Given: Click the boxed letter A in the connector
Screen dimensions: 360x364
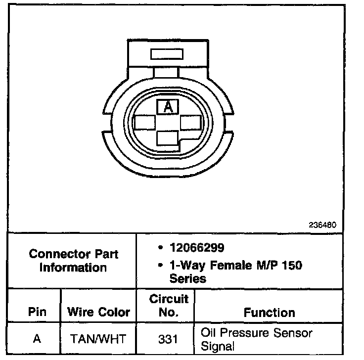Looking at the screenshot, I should (168, 107).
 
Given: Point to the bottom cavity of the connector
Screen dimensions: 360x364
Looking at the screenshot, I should (167, 138).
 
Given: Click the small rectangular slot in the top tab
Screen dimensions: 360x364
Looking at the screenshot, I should (166, 53).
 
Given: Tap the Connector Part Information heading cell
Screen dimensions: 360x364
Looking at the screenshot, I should (73, 261).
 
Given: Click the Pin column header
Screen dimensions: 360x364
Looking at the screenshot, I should (37, 312).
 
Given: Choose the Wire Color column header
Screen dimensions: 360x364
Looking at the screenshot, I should (98, 312).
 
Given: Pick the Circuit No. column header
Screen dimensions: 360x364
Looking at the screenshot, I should (169, 306).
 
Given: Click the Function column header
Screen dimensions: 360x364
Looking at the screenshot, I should (269, 312).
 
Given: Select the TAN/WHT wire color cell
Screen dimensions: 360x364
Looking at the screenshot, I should (98, 339).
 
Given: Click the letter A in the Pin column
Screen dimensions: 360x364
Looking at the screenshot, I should (37, 339).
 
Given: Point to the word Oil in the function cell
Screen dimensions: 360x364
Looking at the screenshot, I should (209, 332).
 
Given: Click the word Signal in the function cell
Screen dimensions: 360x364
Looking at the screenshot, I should (217, 346).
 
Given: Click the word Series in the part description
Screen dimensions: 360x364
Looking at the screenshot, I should (187, 278).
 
